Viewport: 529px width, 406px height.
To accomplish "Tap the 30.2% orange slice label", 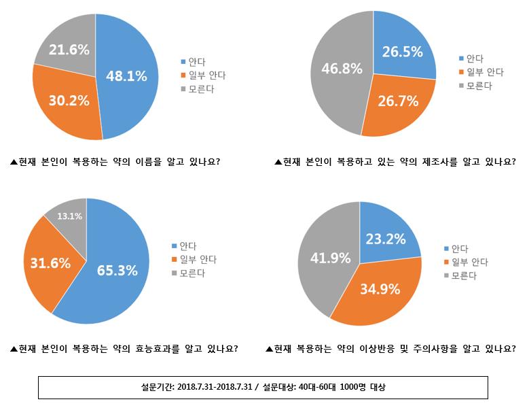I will pyautogui.click(x=69, y=100).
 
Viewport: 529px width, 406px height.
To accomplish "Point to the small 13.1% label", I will pyautogui.click(x=69, y=217).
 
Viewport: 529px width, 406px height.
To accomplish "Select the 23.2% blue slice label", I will pyautogui.click(x=386, y=239).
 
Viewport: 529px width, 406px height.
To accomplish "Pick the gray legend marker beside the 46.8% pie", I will pyautogui.click(x=462, y=86).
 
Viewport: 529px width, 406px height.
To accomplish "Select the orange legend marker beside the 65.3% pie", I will pyautogui.click(x=175, y=260).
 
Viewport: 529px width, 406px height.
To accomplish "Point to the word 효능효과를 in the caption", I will pyautogui.click(x=167, y=349).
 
